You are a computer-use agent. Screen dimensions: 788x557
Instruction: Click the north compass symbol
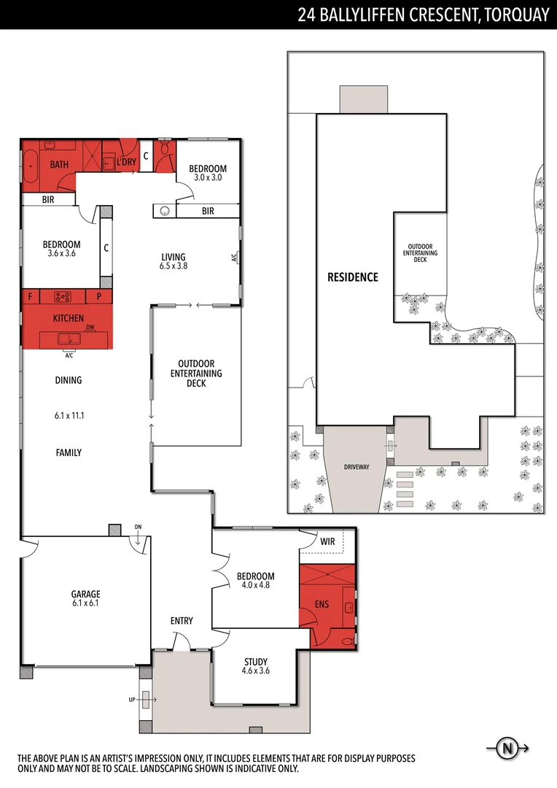point(506,748)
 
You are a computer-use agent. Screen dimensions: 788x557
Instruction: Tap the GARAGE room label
point(85,594)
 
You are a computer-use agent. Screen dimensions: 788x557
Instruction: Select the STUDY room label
point(255,662)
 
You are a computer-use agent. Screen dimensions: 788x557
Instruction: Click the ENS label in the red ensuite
point(322,604)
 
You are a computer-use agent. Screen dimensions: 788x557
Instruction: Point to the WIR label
point(327,542)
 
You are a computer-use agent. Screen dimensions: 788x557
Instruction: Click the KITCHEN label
point(68,319)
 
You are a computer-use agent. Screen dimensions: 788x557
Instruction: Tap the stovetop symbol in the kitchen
point(61,296)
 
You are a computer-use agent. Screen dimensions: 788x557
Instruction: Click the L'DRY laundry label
point(126,162)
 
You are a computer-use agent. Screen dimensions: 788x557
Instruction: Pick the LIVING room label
point(174,257)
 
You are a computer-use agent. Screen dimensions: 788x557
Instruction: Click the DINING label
point(68,380)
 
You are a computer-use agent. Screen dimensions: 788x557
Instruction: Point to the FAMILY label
point(69,452)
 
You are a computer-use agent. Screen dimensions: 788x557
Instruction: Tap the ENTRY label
point(182,621)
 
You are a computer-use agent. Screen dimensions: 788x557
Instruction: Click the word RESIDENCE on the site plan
point(352,277)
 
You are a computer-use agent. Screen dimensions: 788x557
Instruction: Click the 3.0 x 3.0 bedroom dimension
point(208,177)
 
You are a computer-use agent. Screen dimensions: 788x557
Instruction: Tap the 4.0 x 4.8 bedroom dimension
point(255,584)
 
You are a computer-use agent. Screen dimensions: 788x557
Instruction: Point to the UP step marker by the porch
point(132,699)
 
